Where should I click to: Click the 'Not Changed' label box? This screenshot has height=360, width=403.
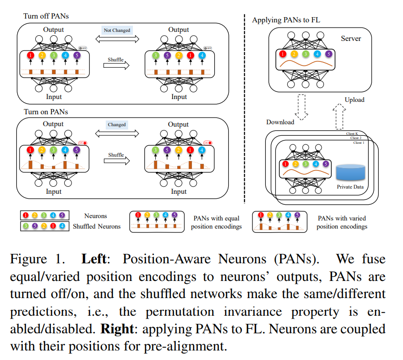point(117,30)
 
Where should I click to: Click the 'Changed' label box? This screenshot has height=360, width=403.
point(117,125)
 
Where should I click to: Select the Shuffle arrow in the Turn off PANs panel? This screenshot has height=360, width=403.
point(116,66)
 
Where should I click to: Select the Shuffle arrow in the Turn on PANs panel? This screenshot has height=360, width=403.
point(116,160)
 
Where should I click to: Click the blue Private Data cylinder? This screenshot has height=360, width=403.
point(350,173)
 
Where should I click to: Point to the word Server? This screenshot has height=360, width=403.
point(351,38)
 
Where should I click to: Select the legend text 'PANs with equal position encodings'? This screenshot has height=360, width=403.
point(216,222)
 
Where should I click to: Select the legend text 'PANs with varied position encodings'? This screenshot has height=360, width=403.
point(342,222)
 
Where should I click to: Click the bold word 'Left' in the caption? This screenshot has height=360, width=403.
point(97,260)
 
